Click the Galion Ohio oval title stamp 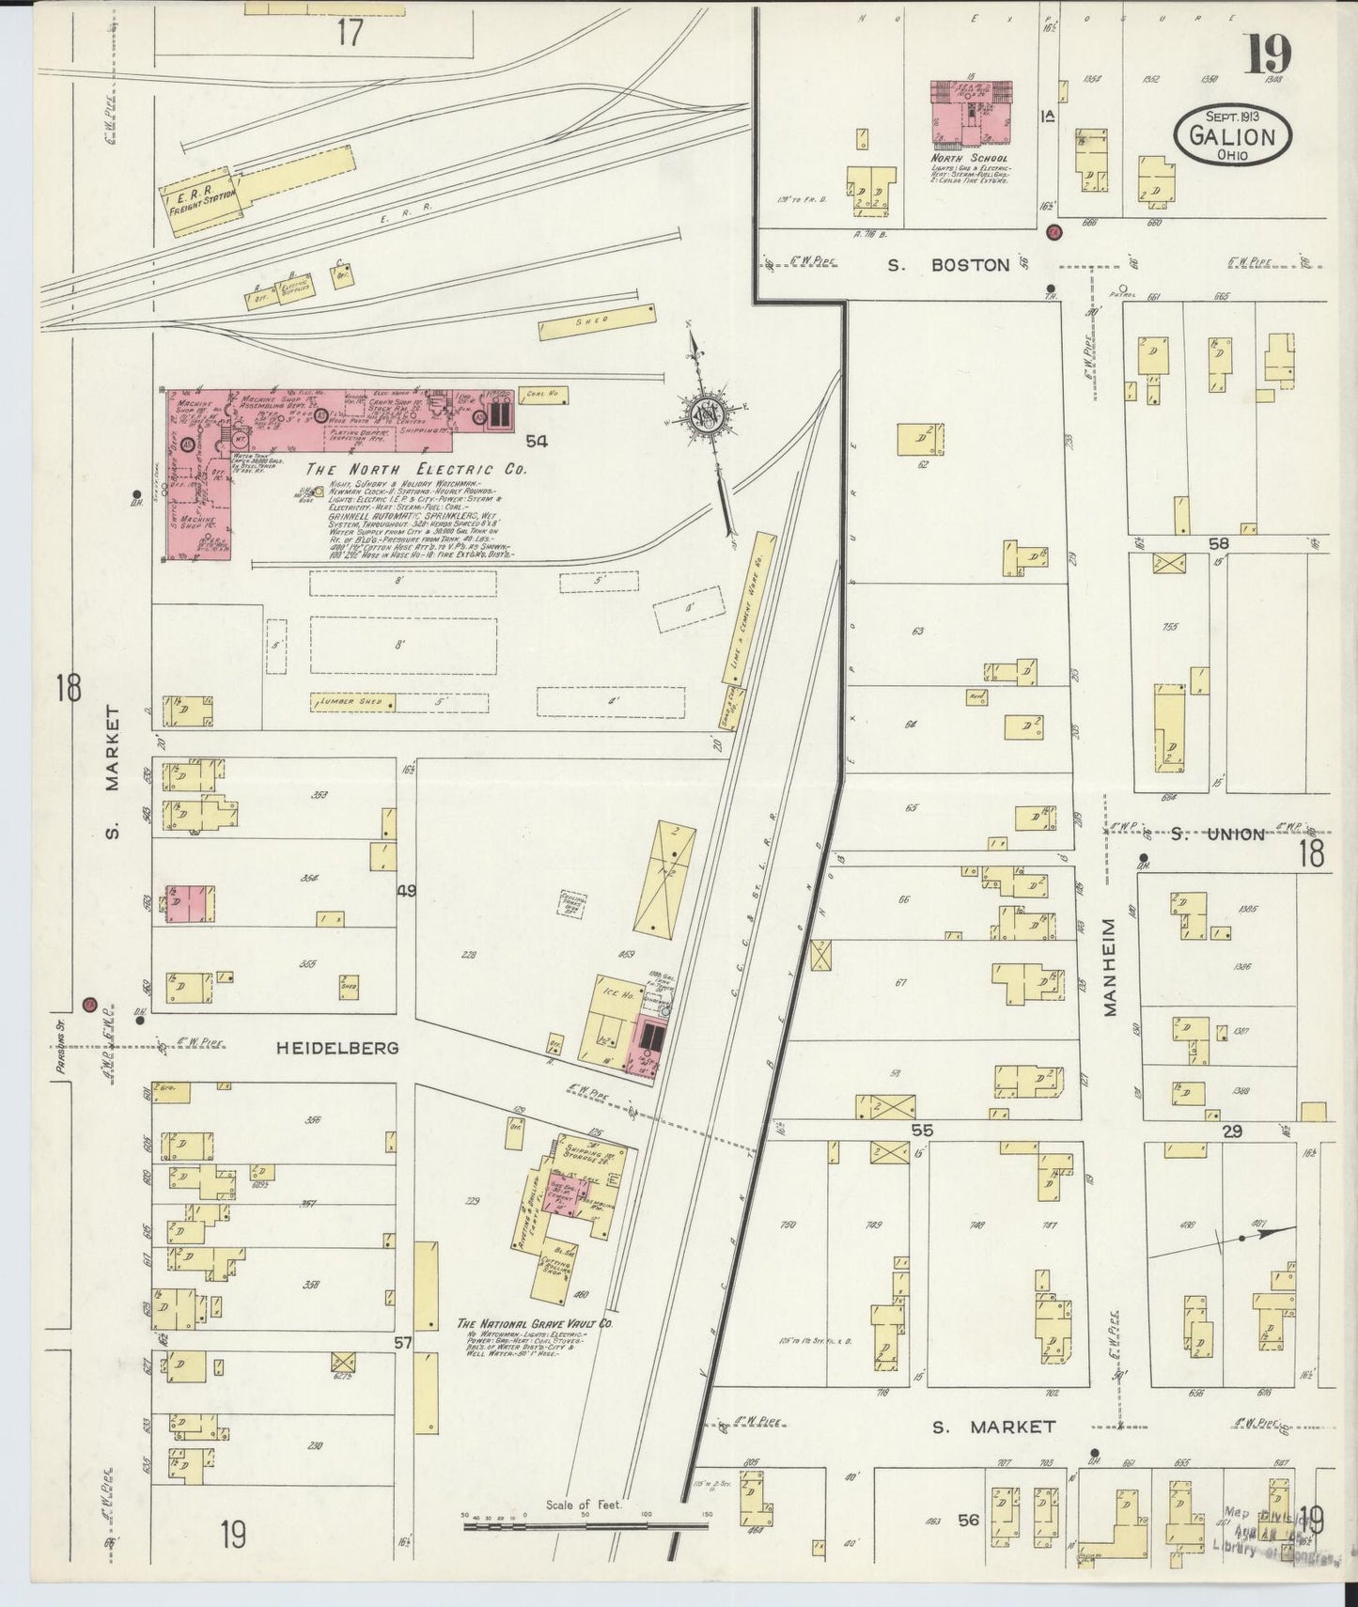tap(1233, 136)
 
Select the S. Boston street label tap(949, 266)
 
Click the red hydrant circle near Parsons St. tap(90, 1005)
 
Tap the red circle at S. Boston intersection tap(1054, 231)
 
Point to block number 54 tap(537, 441)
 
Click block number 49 tap(406, 889)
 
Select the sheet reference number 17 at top tap(350, 33)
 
